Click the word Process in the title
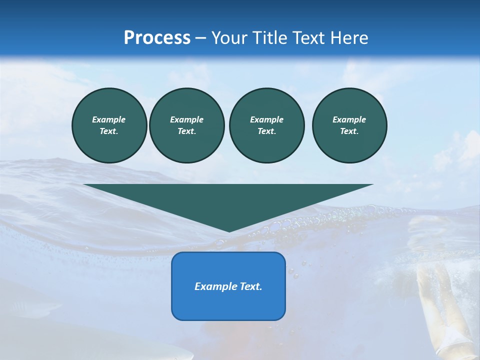pos(157,38)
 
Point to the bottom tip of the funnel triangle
pos(229,231)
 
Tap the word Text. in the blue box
pos(250,286)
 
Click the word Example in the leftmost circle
pos(109,119)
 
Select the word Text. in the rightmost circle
pos(349,131)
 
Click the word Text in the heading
pos(309,38)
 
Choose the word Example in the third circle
pos(266,119)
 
